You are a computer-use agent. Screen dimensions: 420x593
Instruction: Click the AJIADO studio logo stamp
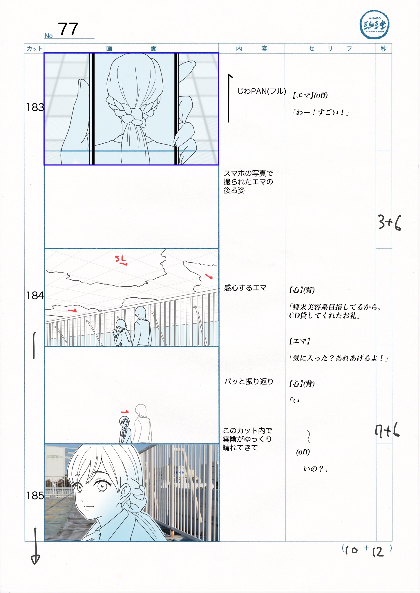tap(374, 25)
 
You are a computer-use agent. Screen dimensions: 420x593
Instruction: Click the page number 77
tap(68, 29)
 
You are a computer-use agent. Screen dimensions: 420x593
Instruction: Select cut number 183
tap(35, 107)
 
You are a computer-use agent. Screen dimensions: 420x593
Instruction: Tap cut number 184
tap(35, 296)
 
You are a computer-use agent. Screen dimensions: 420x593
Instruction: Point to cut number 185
tap(35, 496)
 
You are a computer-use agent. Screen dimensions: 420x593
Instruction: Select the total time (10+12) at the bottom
tap(367, 550)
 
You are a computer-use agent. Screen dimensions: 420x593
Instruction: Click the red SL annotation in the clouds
tap(121, 260)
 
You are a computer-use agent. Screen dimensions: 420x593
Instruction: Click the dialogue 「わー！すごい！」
tap(320, 112)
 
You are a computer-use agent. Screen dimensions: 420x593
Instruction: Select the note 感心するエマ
tap(245, 288)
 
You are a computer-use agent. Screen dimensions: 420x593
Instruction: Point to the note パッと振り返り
tap(249, 381)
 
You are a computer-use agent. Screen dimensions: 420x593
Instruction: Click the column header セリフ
tap(330, 48)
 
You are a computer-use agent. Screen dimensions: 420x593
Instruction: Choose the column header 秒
tap(383, 48)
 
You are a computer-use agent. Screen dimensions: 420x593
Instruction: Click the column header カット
tap(35, 48)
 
